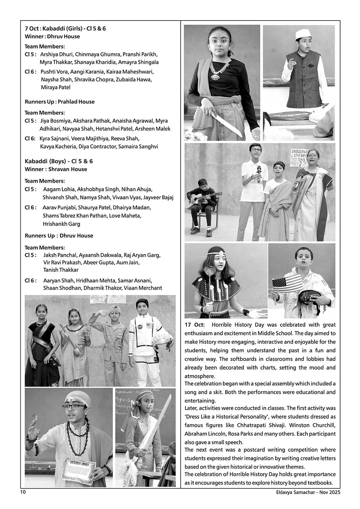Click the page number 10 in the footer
pos(23,492)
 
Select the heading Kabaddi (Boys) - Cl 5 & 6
pos(59,161)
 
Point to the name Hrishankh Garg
pos(61,224)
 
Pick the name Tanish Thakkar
pos(61,270)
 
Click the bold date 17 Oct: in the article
pos(194,325)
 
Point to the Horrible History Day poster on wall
pos(302,156)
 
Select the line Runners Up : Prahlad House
pos(59,102)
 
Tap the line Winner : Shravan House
pos(56,169)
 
